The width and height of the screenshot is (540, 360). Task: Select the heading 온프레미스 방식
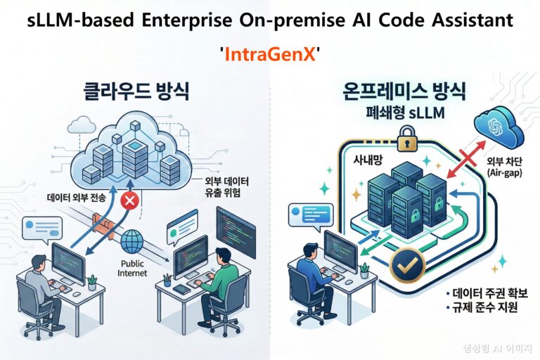coord(397,91)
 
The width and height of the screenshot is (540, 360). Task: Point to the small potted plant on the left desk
coord(91,282)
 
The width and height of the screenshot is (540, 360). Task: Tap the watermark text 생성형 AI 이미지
coord(499,347)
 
